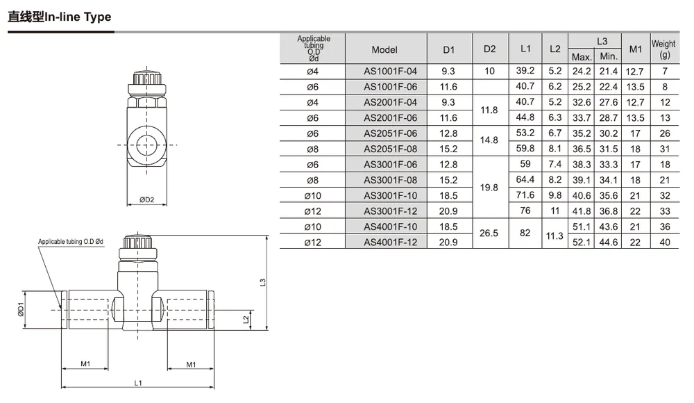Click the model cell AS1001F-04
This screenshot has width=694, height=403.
click(390, 72)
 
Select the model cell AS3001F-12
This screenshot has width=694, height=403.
click(390, 211)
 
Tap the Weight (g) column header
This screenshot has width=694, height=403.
click(663, 49)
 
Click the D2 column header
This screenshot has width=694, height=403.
click(489, 49)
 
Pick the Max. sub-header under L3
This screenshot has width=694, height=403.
click(582, 57)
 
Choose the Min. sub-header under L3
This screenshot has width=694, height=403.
click(609, 56)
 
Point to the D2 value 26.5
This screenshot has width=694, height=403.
click(489, 233)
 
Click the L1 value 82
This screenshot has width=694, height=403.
click(525, 233)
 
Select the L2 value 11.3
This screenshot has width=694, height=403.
click(555, 236)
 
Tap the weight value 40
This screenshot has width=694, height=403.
click(665, 242)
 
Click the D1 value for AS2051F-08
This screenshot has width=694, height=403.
click(448, 149)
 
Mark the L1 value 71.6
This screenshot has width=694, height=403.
click(525, 195)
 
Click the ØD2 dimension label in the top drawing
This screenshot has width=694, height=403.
click(147, 200)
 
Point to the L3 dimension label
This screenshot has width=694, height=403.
click(262, 282)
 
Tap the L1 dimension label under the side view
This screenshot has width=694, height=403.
click(138, 383)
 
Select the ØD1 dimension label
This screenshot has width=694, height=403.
click(20, 309)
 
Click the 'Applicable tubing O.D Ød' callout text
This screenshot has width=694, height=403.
click(71, 242)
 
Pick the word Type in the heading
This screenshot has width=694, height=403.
click(97, 17)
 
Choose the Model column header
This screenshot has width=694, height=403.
click(384, 49)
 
